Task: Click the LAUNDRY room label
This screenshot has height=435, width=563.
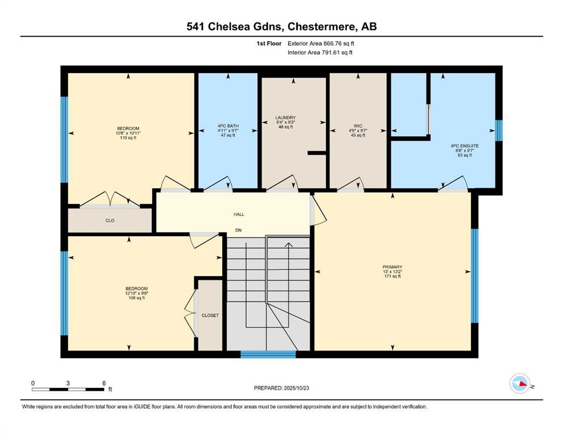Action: tap(285, 118)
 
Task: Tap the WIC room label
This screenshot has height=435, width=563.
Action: tap(358, 126)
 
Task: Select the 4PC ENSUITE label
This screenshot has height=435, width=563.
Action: tap(464, 146)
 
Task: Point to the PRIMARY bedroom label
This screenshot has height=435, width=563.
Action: tap(392, 267)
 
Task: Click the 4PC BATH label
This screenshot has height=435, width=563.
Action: tap(228, 126)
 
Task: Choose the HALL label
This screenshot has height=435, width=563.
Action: tap(239, 214)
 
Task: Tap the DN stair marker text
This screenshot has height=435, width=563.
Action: tap(239, 230)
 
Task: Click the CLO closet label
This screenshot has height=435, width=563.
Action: tap(110, 220)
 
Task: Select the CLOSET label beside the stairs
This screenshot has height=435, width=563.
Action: tap(210, 315)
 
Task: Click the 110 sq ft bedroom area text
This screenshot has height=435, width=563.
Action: tap(128, 138)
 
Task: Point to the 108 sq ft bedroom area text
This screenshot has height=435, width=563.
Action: tap(137, 298)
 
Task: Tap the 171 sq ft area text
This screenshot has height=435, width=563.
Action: tap(392, 276)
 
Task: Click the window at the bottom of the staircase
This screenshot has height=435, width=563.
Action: tap(268, 355)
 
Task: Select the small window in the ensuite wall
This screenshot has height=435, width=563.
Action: tap(499, 130)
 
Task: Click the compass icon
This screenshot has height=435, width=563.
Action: tap(520, 383)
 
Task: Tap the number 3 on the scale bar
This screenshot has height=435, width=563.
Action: tap(68, 383)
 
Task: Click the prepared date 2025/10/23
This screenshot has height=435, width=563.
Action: tap(296, 388)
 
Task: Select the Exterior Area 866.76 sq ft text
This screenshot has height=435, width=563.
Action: tap(321, 44)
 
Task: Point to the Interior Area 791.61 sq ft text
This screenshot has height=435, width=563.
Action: tap(320, 52)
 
